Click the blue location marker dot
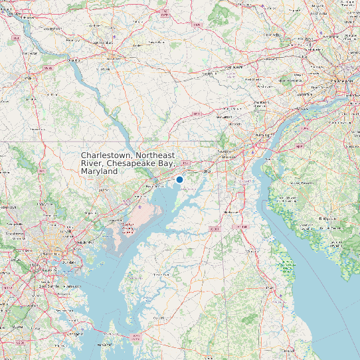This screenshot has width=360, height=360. pos(179,179)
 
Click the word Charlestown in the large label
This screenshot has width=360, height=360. pos(103,155)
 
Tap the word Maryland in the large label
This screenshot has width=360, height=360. pos(99,171)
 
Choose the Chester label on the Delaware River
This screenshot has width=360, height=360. pos(298,108)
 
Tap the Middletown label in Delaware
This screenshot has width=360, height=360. pos(230,211)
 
